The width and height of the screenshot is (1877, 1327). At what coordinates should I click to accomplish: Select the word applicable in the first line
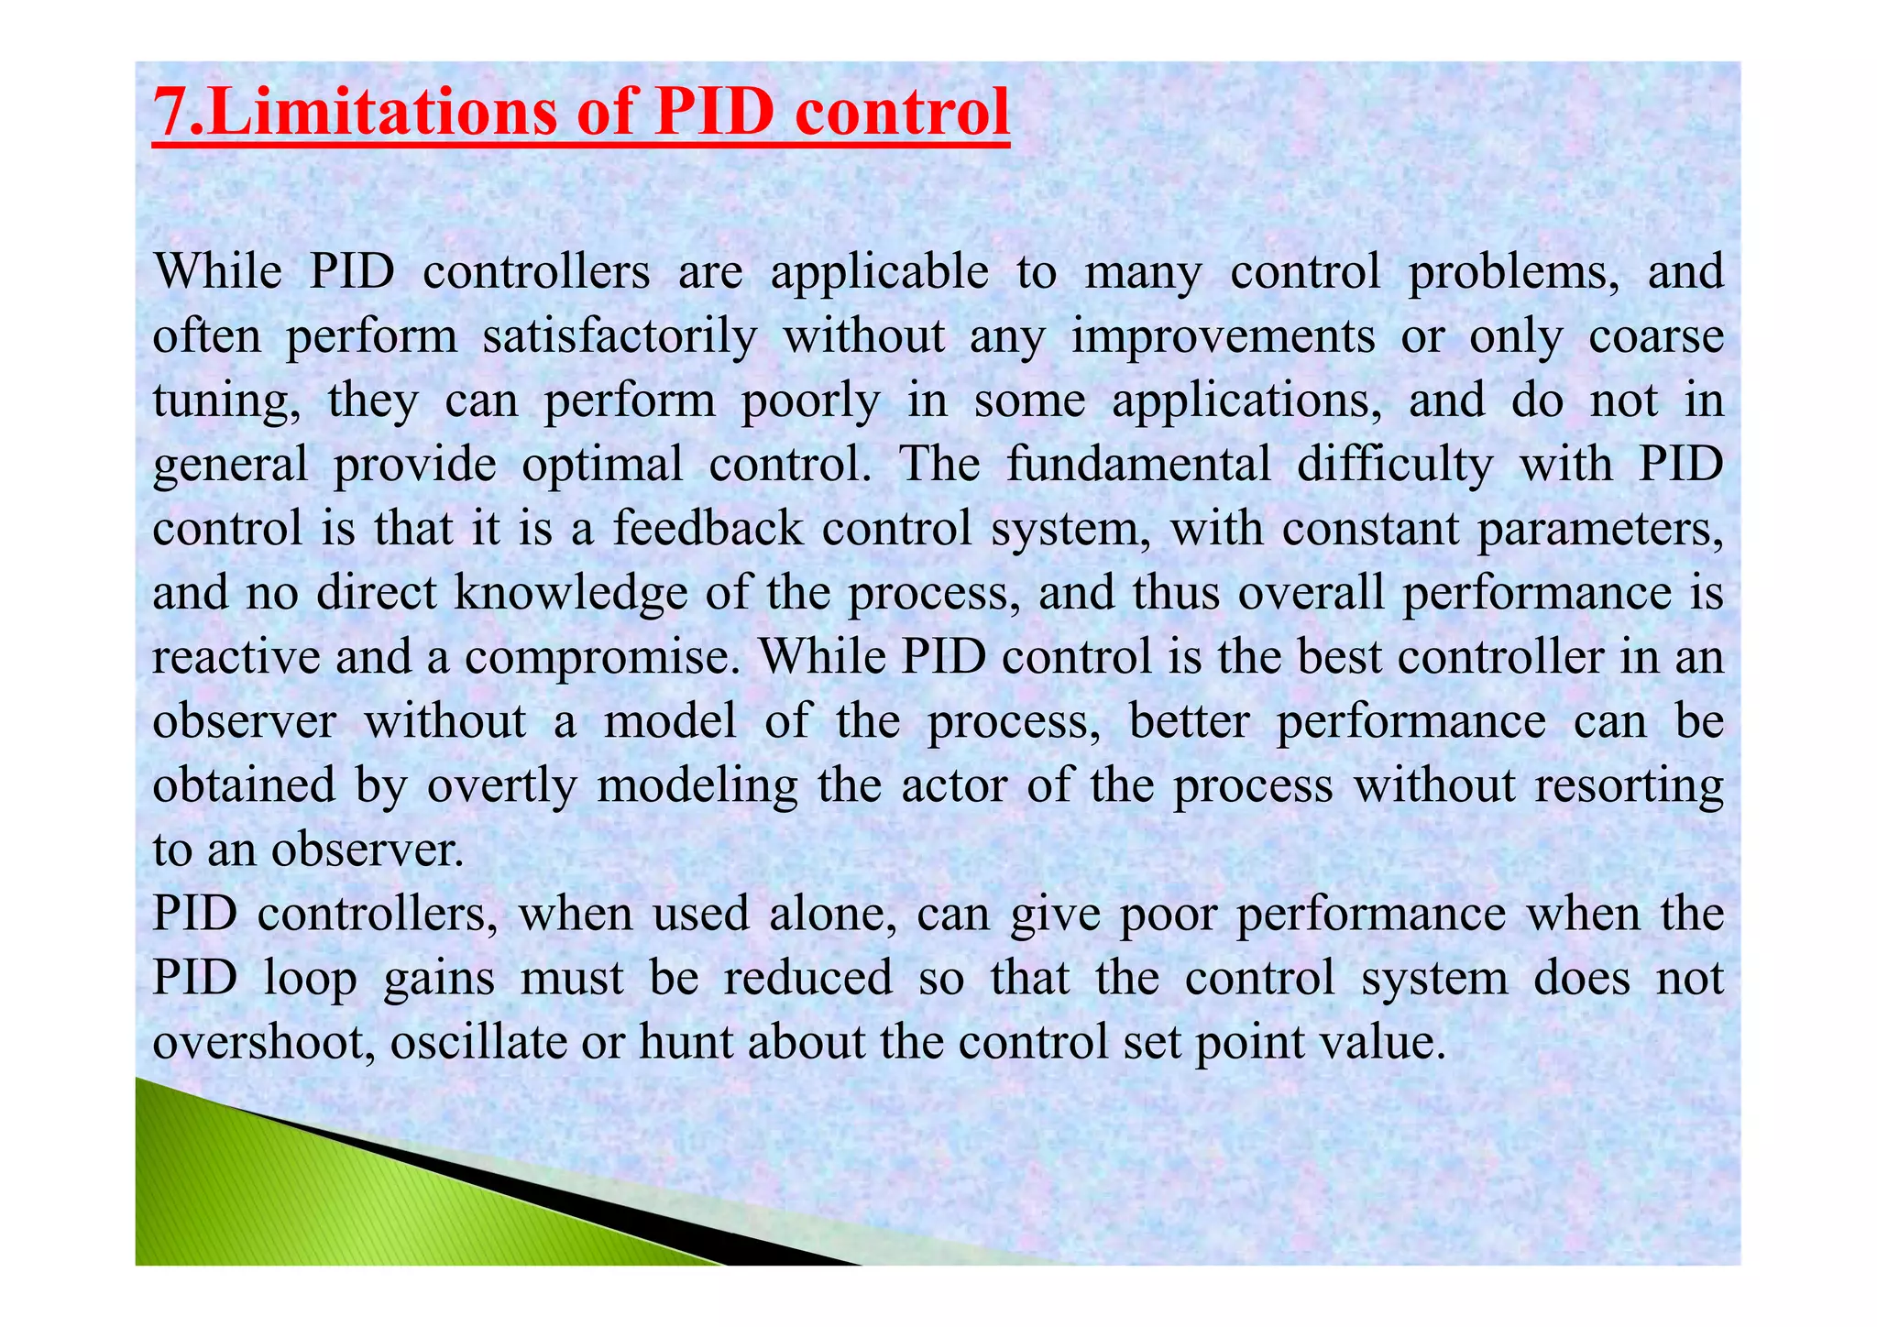[879, 272]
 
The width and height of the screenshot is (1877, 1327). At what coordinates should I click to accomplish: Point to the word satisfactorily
[620, 336]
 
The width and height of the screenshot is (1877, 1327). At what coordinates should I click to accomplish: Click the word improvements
[1224, 336]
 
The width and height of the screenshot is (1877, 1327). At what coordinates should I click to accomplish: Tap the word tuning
[225, 401]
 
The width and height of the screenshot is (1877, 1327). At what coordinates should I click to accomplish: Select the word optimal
[602, 465]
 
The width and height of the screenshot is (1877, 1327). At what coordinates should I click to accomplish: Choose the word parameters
[1599, 529]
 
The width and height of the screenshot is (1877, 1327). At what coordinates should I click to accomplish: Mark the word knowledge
[570, 593]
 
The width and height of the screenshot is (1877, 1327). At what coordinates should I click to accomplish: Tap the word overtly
[501, 786]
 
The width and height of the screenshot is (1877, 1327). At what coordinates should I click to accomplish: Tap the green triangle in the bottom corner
[275, 1201]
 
